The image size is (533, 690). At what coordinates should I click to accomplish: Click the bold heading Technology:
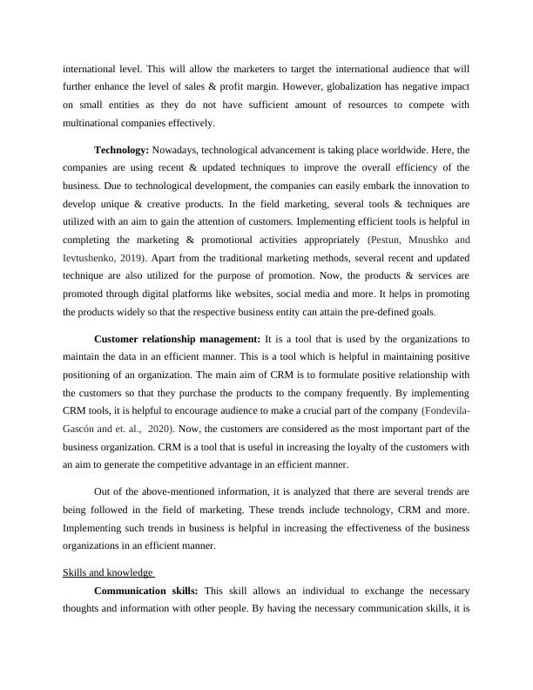tap(122, 150)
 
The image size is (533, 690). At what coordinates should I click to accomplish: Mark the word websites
tap(318, 293)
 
